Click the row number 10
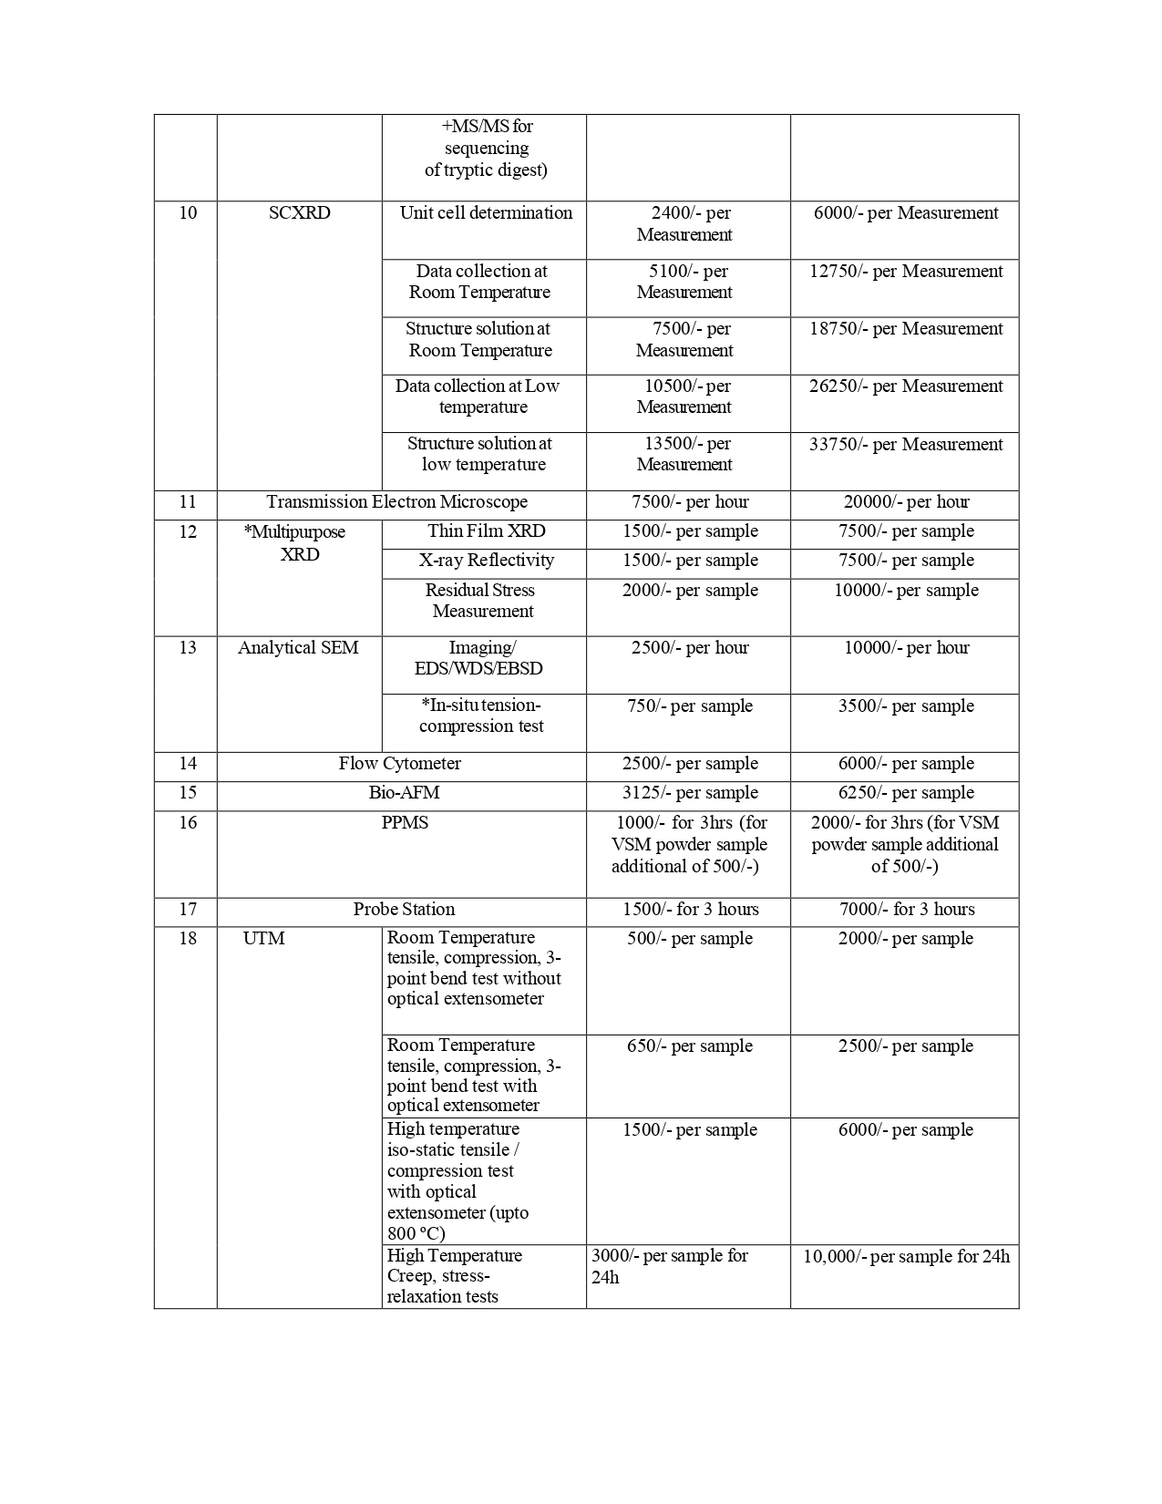point(187,213)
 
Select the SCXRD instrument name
point(299,213)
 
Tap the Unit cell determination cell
point(486,213)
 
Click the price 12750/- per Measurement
point(905,272)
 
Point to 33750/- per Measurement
point(905,445)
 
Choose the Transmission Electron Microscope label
point(396,502)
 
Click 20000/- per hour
point(905,502)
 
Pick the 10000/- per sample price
point(905,591)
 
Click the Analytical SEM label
point(298,648)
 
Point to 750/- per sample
point(689,706)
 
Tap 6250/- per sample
point(905,793)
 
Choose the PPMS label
point(405,823)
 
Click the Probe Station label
point(404,910)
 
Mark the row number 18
point(187,939)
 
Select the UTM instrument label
point(263,939)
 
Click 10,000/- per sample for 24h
point(905,1257)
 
